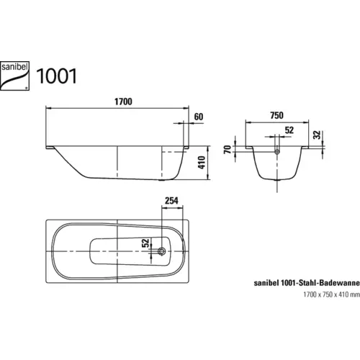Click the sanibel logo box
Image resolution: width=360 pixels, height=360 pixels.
pos(22,72)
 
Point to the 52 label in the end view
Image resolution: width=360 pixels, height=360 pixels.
pos(289,130)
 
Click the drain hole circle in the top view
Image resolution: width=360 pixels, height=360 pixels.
pos(163,252)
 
